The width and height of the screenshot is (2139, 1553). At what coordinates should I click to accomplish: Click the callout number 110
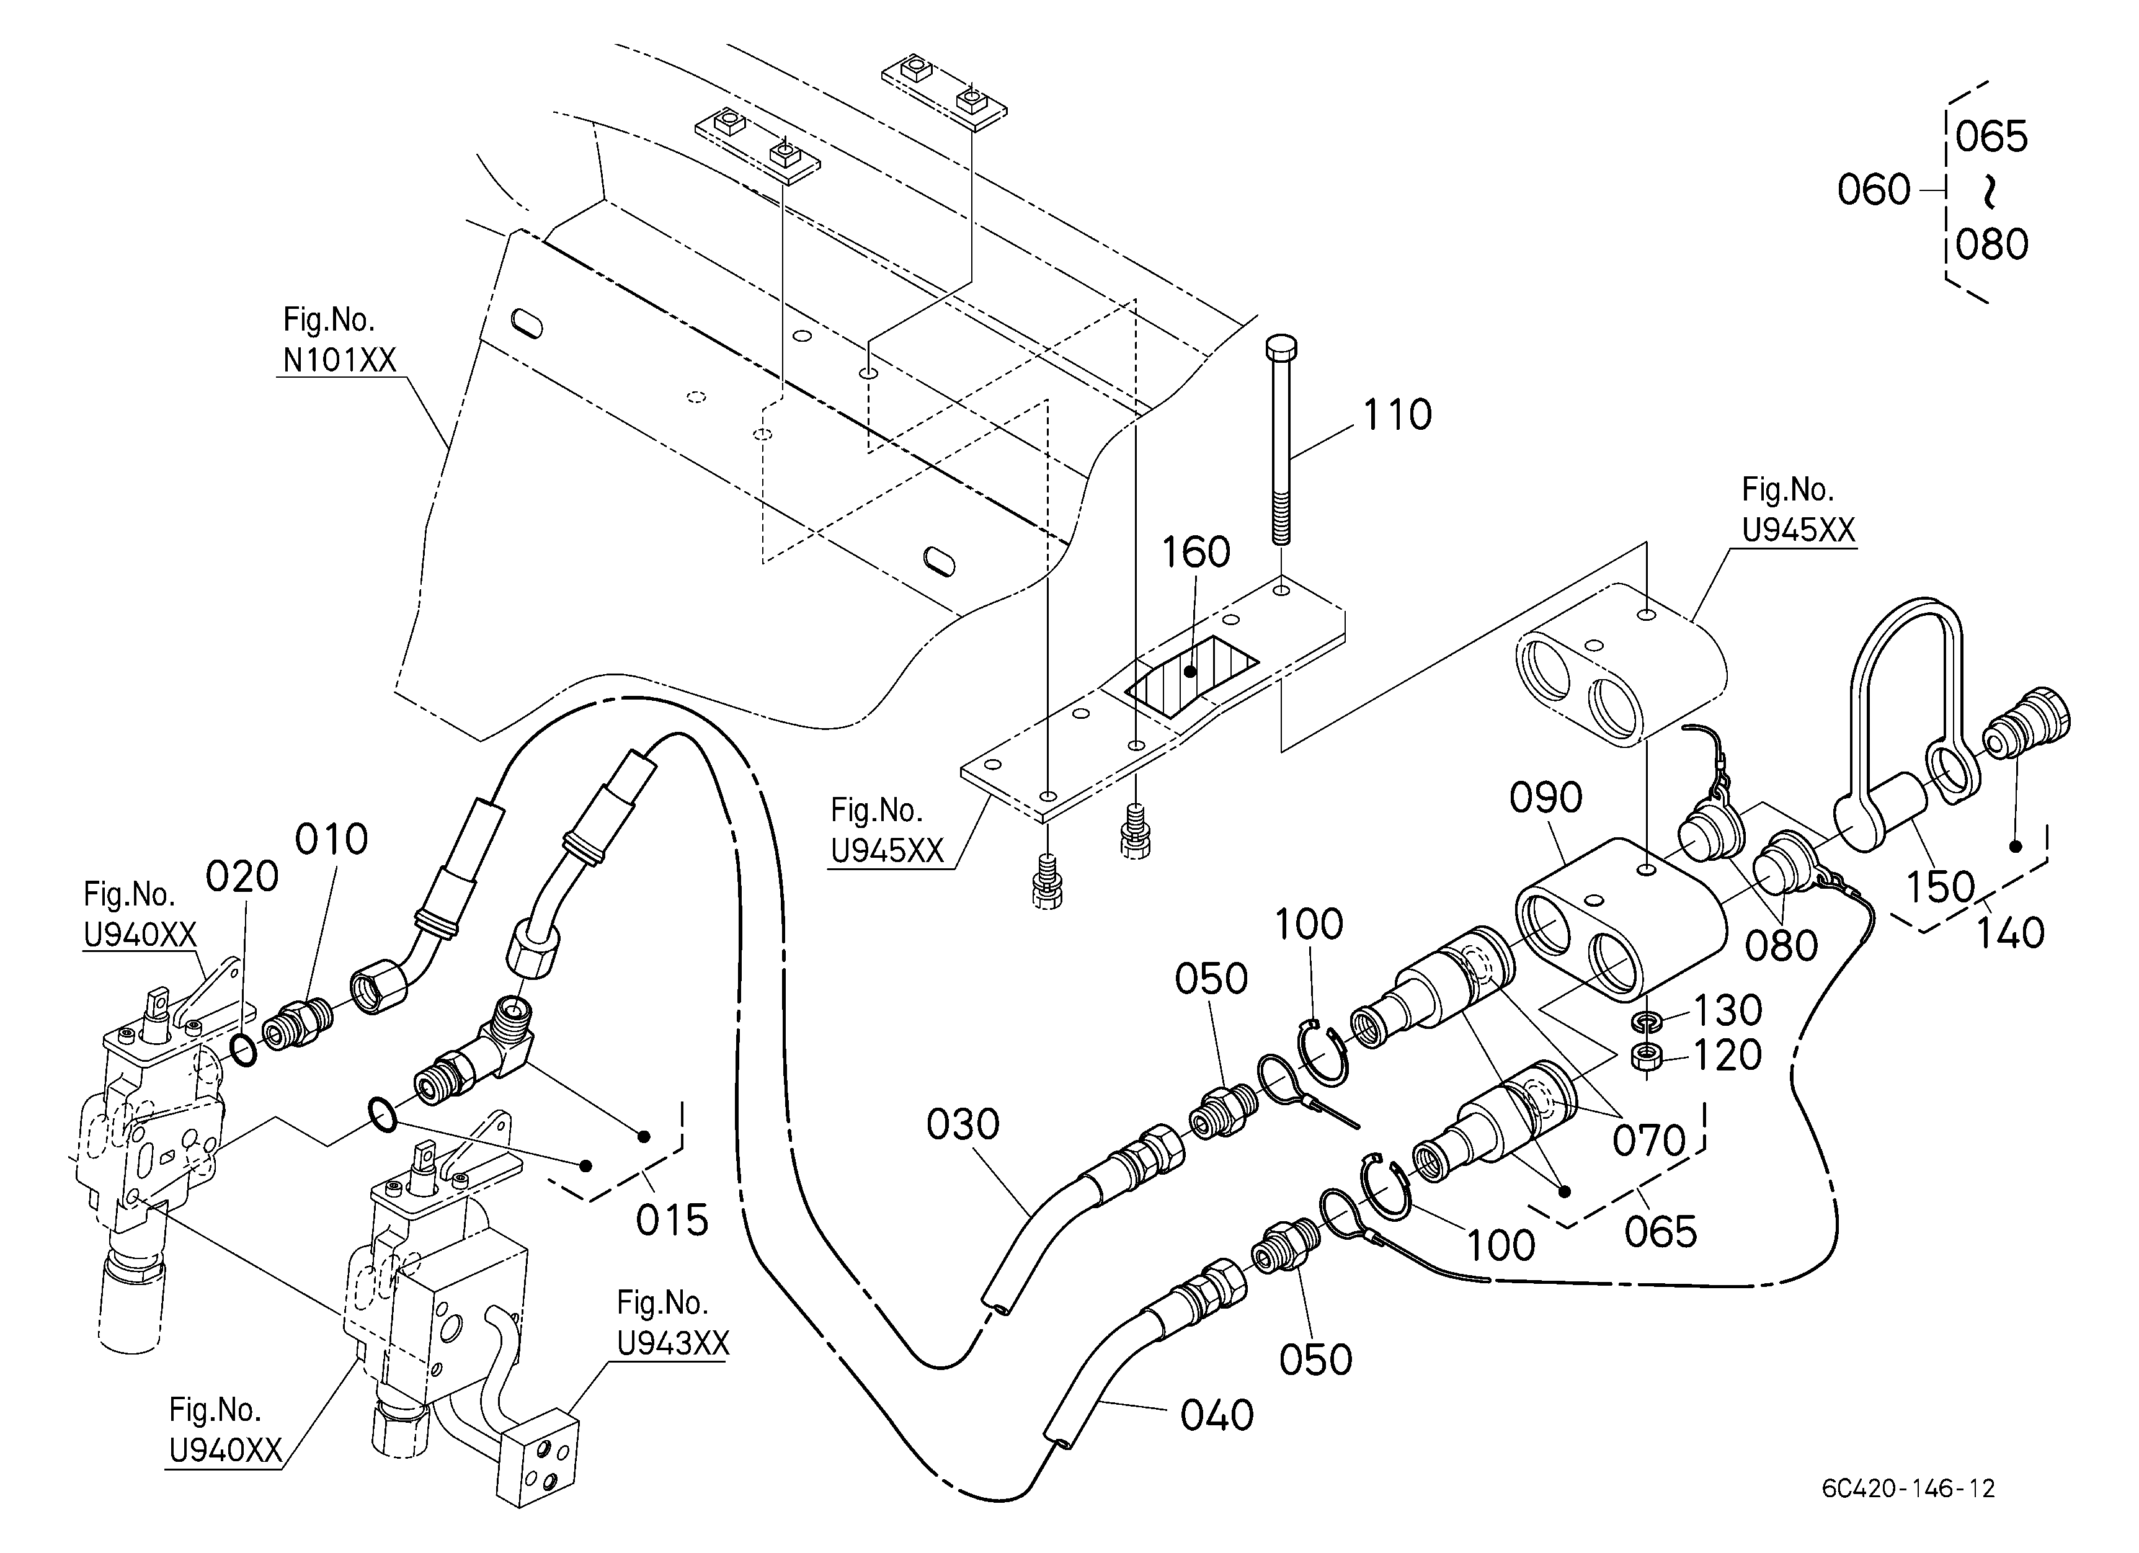point(1397,415)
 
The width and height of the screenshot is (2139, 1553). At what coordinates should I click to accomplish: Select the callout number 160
point(1195,553)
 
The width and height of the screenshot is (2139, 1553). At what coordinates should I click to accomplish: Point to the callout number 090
point(1545,798)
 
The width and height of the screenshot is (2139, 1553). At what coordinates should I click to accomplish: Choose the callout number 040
point(1217,1415)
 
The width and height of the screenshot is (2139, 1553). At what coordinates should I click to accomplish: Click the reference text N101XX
point(339,360)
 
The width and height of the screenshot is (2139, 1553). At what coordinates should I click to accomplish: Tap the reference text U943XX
point(674,1343)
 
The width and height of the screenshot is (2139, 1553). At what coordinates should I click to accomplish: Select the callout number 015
point(672,1220)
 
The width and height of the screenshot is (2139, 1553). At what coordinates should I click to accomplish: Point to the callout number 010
point(331,839)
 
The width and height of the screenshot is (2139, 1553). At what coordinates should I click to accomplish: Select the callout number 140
point(2010,933)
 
